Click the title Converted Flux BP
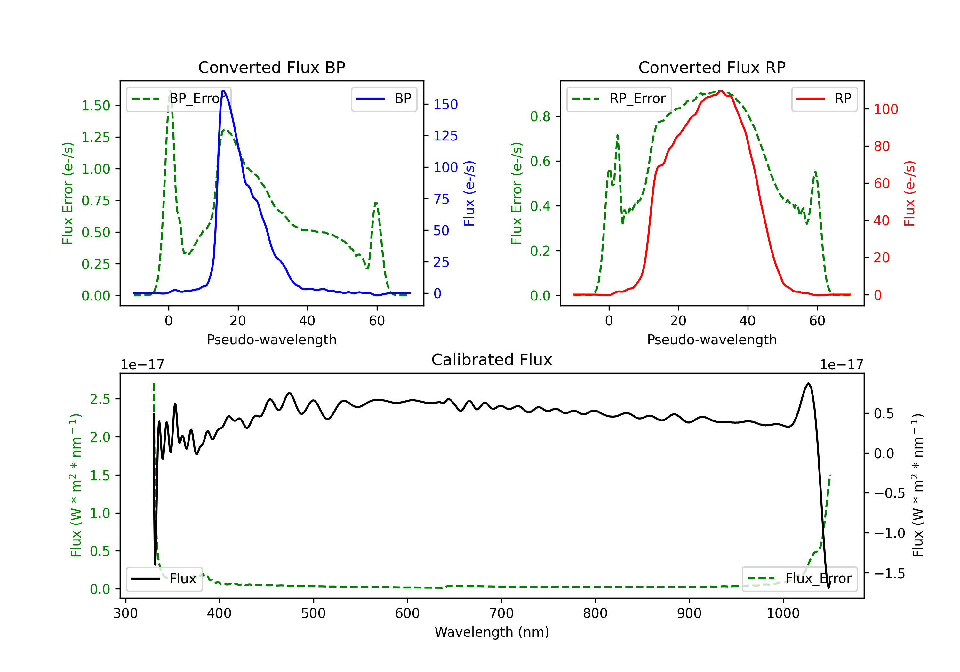[271, 67]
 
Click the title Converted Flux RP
[712, 67]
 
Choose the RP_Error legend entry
[619, 99]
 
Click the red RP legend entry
[824, 99]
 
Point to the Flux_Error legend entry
[799, 579]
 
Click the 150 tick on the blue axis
[445, 105]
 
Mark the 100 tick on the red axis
[885, 109]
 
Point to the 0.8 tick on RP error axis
[540, 117]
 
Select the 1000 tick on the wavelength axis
[783, 613]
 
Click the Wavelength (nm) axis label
[492, 632]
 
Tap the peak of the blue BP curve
[224, 91]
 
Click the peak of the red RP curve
[721, 91]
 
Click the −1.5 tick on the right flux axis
[889, 573]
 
